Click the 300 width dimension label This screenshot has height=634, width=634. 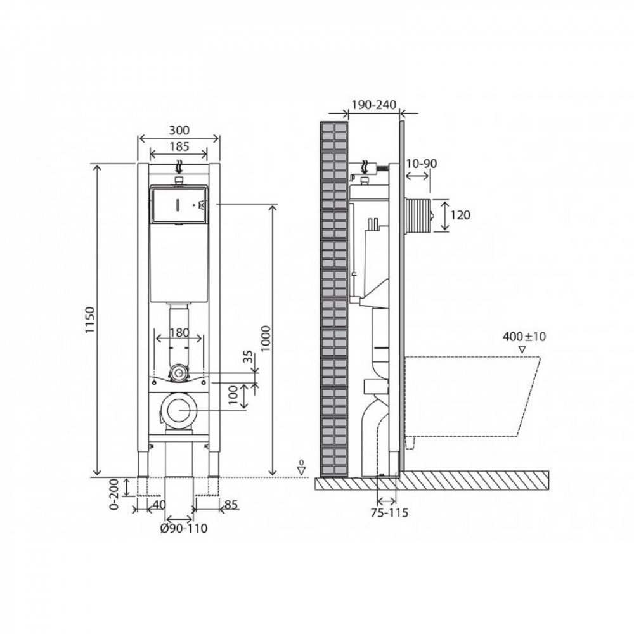click(179, 131)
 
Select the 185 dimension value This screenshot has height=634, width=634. click(179, 146)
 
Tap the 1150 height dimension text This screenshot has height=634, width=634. click(90, 320)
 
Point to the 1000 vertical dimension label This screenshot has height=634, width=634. click(265, 339)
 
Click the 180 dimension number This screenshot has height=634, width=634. click(179, 333)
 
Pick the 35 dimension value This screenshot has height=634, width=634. click(249, 356)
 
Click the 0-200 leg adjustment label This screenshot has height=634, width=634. click(114, 494)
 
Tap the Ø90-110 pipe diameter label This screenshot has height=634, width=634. click(184, 529)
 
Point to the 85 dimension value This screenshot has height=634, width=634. click(231, 505)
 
